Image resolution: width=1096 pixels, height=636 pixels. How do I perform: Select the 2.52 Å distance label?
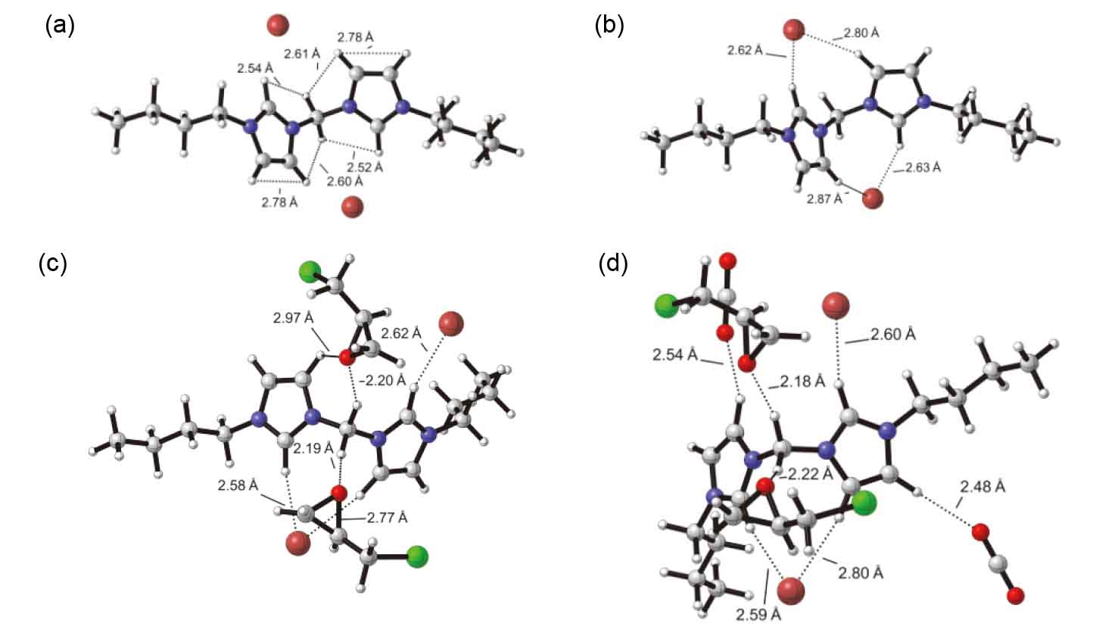click(365, 166)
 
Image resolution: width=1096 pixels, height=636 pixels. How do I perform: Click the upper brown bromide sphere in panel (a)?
click(278, 26)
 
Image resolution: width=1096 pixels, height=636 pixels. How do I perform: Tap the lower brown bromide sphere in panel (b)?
click(873, 198)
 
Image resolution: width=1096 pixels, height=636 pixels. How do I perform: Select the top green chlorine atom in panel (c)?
click(309, 272)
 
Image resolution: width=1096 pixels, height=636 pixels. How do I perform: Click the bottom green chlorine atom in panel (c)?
click(416, 556)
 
